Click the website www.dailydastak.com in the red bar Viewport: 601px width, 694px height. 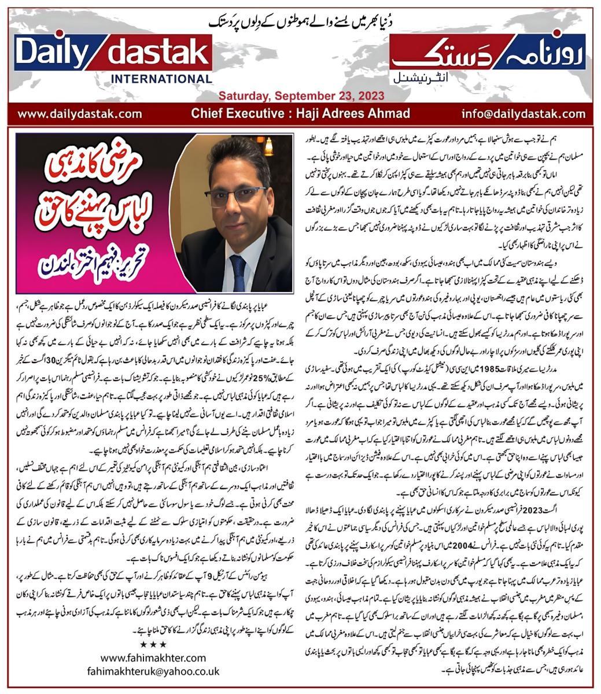point(72,113)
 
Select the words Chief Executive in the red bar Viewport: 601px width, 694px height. point(255,113)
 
